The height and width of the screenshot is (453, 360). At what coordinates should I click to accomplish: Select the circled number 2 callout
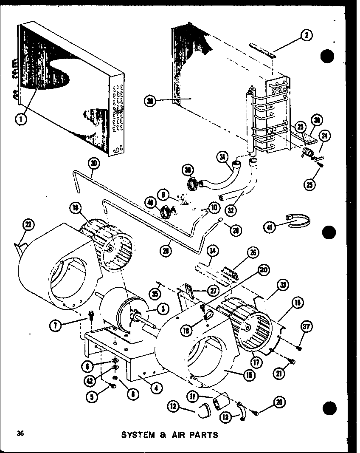point(306,36)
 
